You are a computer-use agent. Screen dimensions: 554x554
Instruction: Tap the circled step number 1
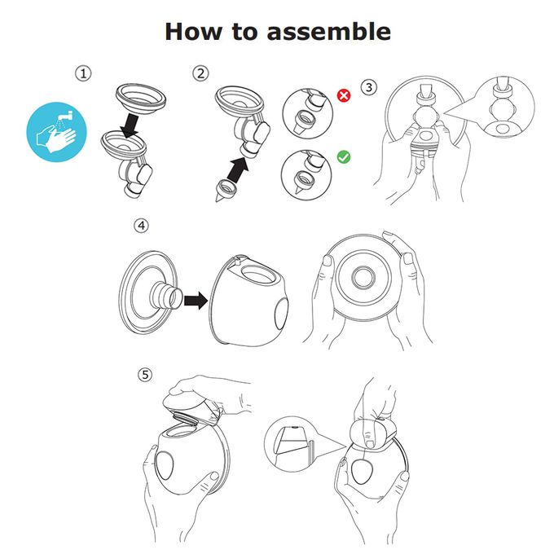pyautogui.click(x=83, y=73)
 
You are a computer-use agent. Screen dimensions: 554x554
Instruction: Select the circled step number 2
pyautogui.click(x=200, y=73)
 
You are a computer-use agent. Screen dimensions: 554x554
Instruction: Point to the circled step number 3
pyautogui.click(x=369, y=86)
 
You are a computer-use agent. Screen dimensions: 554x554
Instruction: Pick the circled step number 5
pyautogui.click(x=145, y=375)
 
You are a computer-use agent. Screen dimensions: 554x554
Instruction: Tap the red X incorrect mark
pyautogui.click(x=344, y=95)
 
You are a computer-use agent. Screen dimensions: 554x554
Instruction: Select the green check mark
pyautogui.click(x=344, y=155)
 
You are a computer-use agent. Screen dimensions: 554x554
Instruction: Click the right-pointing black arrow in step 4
pyautogui.click(x=196, y=301)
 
